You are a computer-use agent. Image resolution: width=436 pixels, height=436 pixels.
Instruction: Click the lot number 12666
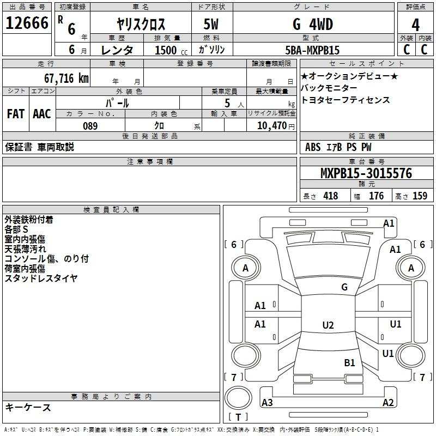coord(27,23)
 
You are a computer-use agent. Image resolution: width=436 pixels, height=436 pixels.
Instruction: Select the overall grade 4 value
coord(415,25)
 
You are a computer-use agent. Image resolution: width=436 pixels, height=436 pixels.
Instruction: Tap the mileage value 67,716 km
coord(66,78)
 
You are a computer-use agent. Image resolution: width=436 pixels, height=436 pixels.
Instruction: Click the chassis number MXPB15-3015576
coord(366,173)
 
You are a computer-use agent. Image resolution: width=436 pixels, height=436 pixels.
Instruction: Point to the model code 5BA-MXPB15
coord(312,50)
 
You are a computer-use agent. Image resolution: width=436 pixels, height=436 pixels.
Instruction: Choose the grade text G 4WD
coord(313,24)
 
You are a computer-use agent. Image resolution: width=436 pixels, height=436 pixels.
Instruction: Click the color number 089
coord(90,126)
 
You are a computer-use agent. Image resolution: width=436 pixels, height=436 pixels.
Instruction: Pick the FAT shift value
coord(16,114)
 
